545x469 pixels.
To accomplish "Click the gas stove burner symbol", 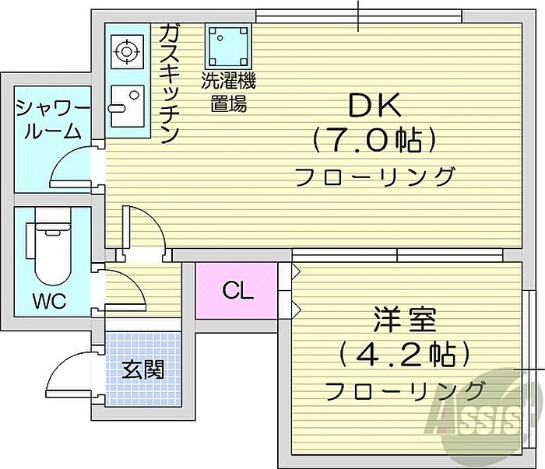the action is [x=127, y=52].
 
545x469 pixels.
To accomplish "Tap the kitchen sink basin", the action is [x=127, y=106].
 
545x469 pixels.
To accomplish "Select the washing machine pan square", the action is [x=228, y=47].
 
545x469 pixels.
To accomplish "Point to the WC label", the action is [x=50, y=301].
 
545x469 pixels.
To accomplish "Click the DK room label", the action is [x=374, y=105].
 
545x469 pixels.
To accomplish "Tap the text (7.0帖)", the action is [x=374, y=140].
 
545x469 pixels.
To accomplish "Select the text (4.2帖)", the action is [x=405, y=355].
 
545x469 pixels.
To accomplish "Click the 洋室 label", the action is [x=406, y=320].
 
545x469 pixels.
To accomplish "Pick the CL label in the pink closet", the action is [x=237, y=290].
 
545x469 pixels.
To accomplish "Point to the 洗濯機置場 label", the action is [x=228, y=92].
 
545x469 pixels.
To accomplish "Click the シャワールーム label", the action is [x=53, y=120].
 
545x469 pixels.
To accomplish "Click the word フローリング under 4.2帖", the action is [x=404, y=390].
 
